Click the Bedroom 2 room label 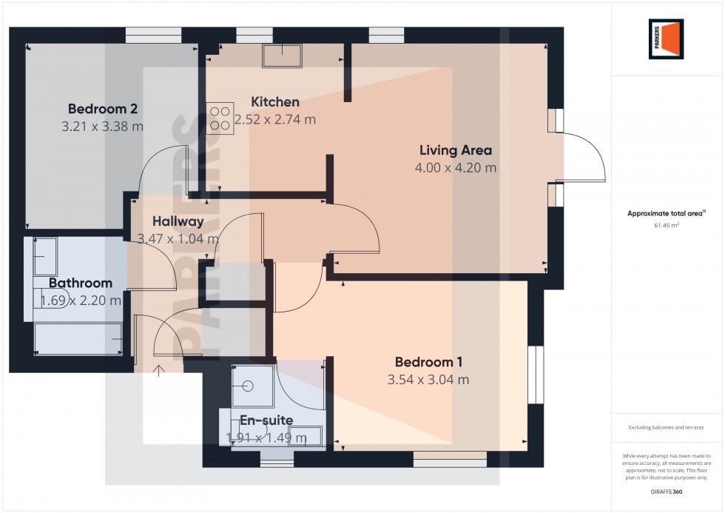102,108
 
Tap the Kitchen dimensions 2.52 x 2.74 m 275,119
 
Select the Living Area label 455,150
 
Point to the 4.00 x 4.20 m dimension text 455,168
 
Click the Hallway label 178,221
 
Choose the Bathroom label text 81,283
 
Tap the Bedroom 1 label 428,362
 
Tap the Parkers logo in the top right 666,38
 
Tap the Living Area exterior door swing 584,157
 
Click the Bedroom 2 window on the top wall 153,35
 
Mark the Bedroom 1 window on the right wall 536,375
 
